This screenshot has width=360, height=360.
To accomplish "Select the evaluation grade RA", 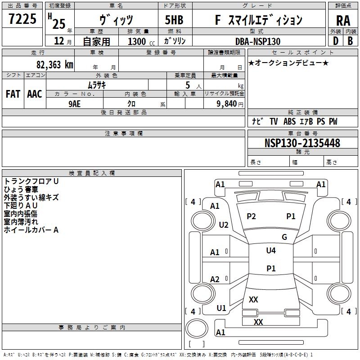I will coord(343,20).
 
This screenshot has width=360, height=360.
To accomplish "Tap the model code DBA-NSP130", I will coord(258,41).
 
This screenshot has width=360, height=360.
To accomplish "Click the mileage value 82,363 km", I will coord(54,64).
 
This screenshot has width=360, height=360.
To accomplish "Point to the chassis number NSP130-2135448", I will coord(302,143).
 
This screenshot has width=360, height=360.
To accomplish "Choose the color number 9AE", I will coord(75,103).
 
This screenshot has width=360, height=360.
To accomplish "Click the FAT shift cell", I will coord(13,94).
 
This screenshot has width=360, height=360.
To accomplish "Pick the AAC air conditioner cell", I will coord(34,94).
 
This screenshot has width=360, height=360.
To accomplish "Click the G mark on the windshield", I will coord(284,237).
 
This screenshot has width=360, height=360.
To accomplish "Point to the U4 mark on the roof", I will coord(271,251).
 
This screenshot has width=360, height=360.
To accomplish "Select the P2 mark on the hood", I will coord(251,216).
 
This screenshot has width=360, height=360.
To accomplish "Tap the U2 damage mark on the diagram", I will coord(223,225).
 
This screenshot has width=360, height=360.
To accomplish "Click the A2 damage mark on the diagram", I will coord(215,279).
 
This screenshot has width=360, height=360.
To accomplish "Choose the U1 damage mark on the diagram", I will coord(221,308).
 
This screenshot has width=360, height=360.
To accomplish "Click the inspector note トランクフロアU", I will coord(31,181).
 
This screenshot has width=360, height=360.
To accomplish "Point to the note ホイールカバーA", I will coord(31,230).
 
